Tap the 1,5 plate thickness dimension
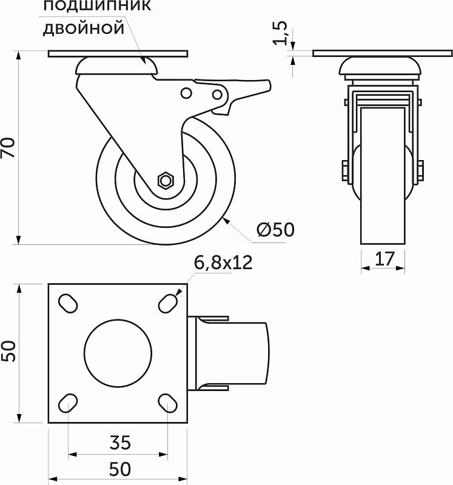click(281, 33)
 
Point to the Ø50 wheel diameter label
click(275, 230)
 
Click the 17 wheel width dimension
click(383, 259)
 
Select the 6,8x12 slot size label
click(223, 263)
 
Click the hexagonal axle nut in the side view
click(165, 180)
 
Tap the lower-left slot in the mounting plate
click(68, 403)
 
